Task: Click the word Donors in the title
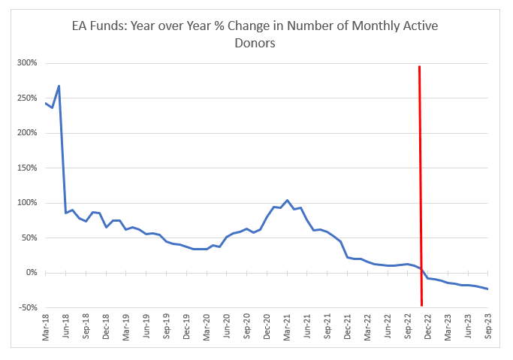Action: point(255,43)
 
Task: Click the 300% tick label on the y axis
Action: point(28,63)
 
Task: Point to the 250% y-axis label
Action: point(28,98)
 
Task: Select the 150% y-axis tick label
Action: point(28,168)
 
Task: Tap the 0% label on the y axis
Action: point(32,273)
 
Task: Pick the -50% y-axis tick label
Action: point(28,307)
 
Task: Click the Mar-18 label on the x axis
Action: point(46,327)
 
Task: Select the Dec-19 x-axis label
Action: point(186,327)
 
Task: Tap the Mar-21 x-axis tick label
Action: point(287,327)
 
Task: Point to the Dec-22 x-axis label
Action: point(427,327)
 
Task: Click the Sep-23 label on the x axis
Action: point(487,327)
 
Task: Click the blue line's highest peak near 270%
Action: point(59,86)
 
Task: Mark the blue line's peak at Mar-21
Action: point(287,200)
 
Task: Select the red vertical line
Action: point(421,186)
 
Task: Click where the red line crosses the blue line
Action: point(421,269)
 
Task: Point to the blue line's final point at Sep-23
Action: point(487,289)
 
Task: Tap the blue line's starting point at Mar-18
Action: point(46,103)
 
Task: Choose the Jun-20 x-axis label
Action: point(227,327)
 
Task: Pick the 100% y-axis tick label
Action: point(28,203)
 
